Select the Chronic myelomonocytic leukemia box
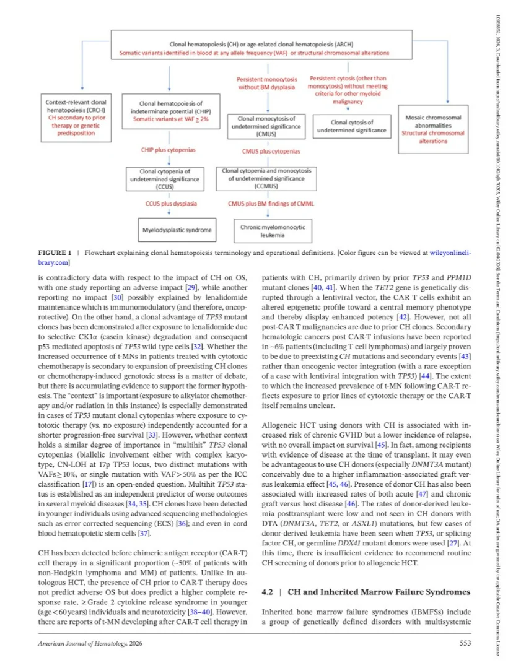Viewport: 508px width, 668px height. coord(268,231)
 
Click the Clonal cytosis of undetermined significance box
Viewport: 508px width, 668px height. coord(351,126)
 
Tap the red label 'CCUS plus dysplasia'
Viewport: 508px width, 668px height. coord(168,202)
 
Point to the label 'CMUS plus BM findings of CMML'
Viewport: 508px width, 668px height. coord(268,202)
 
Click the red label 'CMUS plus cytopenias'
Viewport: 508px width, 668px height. coord(271,150)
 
